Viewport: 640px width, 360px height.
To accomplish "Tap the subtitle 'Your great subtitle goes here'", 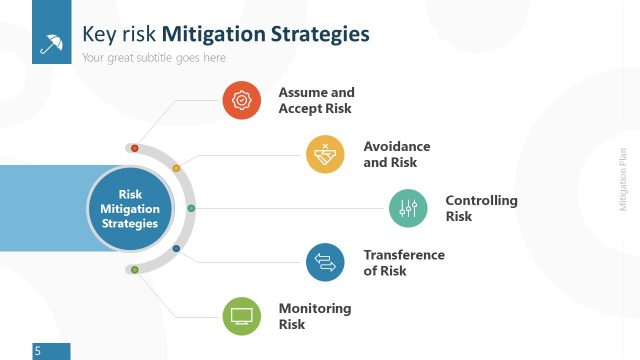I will [x=154, y=58].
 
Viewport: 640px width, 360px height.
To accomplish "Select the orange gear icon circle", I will [x=241, y=100].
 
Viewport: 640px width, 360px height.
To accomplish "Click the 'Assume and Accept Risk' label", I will [x=316, y=100].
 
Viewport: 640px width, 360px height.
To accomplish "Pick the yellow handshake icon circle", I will [x=325, y=154].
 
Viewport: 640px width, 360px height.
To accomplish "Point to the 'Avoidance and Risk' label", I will [x=397, y=154].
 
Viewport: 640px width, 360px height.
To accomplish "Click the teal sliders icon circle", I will [x=408, y=208].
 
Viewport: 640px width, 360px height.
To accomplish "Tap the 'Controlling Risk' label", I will [x=481, y=208].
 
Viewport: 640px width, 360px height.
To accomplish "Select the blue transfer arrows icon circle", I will [x=325, y=262].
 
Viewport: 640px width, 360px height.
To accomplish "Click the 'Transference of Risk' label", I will [x=403, y=262].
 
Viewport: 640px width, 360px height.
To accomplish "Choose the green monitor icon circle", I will [x=241, y=316].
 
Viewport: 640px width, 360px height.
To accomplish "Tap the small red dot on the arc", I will [x=135, y=148].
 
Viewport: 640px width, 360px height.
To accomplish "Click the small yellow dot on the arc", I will [x=176, y=168].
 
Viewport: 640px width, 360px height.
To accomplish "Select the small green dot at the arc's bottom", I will [x=135, y=270].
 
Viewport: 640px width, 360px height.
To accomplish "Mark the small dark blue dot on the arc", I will [x=176, y=248].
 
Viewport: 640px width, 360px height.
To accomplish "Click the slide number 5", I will [x=37, y=351].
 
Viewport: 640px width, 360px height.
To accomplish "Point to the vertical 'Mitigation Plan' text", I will [x=622, y=180].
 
